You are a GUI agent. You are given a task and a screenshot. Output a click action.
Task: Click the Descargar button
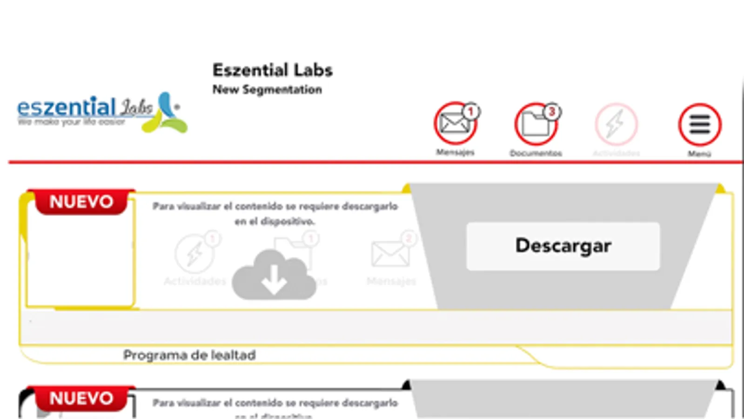[x=563, y=246]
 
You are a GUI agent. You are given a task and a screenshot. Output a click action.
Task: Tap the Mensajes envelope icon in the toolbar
[x=455, y=124]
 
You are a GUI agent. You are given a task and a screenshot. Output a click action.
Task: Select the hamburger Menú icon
[x=699, y=125]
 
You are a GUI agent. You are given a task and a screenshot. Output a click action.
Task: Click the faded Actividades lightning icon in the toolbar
[x=616, y=125]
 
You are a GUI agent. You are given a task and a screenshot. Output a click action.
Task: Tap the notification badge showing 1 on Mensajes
[x=471, y=111]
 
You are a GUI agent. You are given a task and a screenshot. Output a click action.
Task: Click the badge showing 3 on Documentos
[x=552, y=112]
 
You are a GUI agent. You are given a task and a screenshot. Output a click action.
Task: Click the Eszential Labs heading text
[x=272, y=70]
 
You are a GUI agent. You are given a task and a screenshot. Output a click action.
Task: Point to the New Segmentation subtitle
[x=267, y=89]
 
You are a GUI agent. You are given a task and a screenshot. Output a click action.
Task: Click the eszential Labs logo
[x=102, y=112]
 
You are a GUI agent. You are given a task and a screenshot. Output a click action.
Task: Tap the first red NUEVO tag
[x=81, y=202]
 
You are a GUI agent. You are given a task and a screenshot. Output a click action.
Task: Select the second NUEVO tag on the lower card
[x=81, y=399]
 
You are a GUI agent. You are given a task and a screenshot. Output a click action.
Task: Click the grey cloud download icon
[x=274, y=275]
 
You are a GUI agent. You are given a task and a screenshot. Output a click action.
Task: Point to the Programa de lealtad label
[x=189, y=355]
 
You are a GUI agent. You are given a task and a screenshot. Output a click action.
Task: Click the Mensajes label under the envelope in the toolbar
[x=455, y=152]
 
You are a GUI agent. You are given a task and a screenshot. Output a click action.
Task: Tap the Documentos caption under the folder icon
[x=536, y=153]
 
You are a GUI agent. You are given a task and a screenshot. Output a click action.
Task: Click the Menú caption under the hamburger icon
[x=699, y=154]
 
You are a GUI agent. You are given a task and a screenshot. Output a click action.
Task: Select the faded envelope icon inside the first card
[x=390, y=254]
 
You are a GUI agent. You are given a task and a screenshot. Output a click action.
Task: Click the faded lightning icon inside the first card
[x=194, y=254]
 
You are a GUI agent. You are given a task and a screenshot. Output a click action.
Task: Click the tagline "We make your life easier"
[x=71, y=122]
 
